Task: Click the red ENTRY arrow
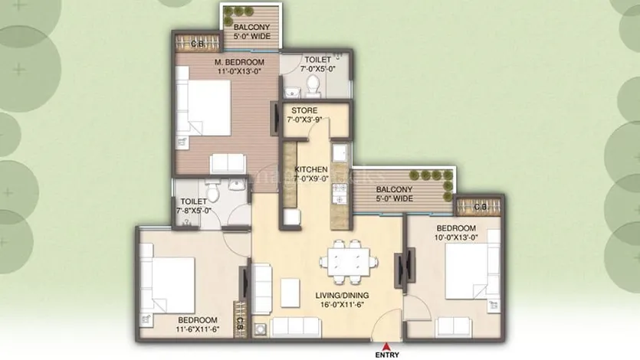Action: click(x=386, y=345)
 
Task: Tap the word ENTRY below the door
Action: click(x=387, y=355)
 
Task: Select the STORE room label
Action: click(x=304, y=110)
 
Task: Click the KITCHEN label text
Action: click(x=311, y=169)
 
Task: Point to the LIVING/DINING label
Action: click(x=342, y=295)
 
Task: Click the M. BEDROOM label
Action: click(x=240, y=62)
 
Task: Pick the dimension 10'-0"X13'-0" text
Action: click(x=456, y=237)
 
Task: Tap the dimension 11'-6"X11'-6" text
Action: click(x=198, y=329)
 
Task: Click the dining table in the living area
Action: click(x=349, y=262)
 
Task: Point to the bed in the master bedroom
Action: click(x=204, y=107)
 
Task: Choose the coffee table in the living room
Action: click(x=290, y=293)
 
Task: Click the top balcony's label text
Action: click(x=252, y=31)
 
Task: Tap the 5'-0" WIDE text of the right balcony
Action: click(x=394, y=198)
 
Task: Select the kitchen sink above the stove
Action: click(x=340, y=154)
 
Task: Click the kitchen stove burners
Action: click(x=340, y=194)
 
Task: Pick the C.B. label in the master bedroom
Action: click(x=198, y=44)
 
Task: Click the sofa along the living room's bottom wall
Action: click(x=296, y=326)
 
